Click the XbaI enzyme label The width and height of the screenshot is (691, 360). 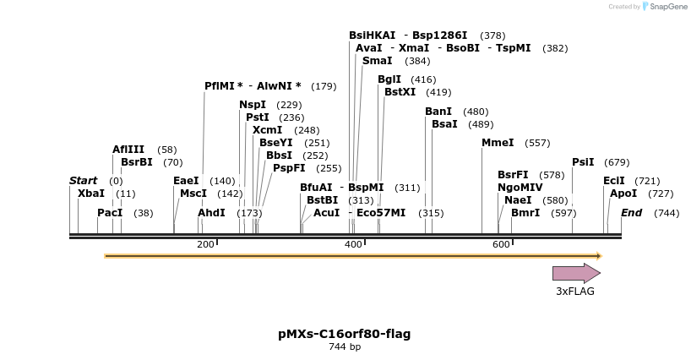(91, 194)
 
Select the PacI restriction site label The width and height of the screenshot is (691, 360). (110, 213)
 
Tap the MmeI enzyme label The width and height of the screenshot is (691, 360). (498, 143)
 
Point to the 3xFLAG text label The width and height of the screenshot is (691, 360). (575, 292)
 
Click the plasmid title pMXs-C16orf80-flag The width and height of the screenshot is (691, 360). (345, 334)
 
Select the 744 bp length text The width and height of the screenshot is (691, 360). (345, 346)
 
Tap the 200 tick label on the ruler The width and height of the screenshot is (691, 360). (205, 244)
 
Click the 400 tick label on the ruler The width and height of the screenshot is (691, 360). (353, 244)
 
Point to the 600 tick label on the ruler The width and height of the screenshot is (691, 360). (501, 244)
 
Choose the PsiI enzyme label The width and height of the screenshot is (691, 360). (583, 162)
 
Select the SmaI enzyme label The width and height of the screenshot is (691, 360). (377, 61)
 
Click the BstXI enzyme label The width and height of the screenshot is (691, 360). (400, 92)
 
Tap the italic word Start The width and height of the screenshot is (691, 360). (84, 181)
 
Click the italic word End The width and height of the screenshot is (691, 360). (632, 213)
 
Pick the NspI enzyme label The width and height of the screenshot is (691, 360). (253, 105)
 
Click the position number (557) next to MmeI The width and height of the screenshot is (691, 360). (537, 144)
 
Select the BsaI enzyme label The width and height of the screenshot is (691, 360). (444, 124)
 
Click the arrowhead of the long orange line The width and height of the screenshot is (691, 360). (597, 255)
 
